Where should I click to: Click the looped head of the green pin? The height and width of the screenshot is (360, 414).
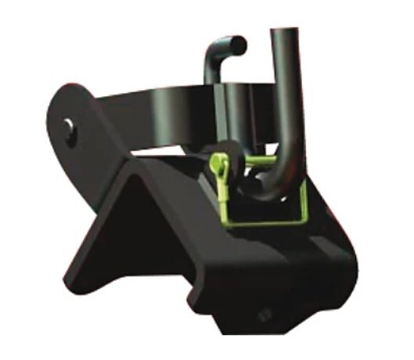218,162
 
